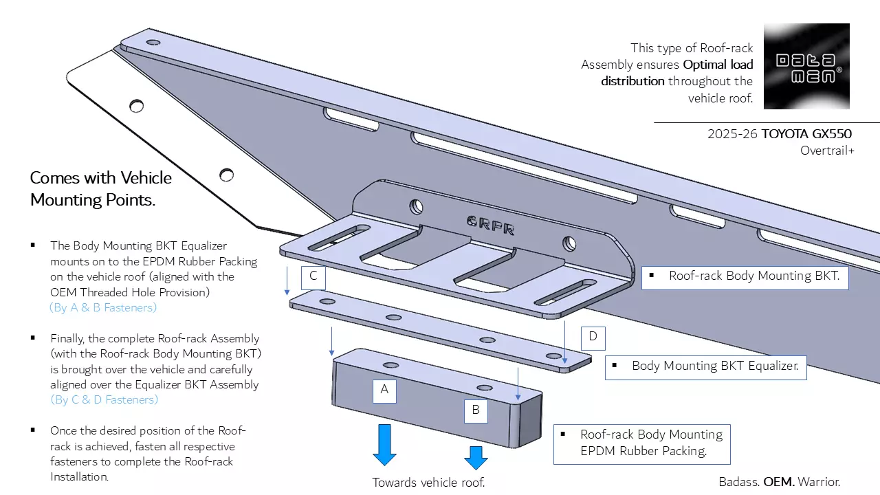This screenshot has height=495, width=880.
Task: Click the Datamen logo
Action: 806,66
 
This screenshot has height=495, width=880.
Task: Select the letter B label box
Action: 476,411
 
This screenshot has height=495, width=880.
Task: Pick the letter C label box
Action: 313,276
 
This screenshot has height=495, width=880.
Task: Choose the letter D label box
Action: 593,338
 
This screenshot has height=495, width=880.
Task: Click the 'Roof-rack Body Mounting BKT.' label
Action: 744,276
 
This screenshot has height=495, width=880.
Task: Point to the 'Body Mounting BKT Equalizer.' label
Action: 705,366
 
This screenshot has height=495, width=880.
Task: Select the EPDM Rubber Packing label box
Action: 641,443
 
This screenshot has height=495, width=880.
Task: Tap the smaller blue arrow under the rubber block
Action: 476,457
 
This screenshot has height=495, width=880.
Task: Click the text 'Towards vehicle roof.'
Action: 429,483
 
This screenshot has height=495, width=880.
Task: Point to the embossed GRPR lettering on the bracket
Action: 491,225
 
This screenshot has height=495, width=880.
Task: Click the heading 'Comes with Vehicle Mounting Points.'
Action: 100,188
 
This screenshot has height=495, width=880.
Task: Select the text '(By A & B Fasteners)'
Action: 103,307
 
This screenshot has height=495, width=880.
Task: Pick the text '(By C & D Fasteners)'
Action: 104,399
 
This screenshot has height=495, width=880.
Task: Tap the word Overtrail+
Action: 827,151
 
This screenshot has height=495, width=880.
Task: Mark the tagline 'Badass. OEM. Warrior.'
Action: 779,482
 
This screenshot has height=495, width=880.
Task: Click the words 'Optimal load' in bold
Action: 718,65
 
